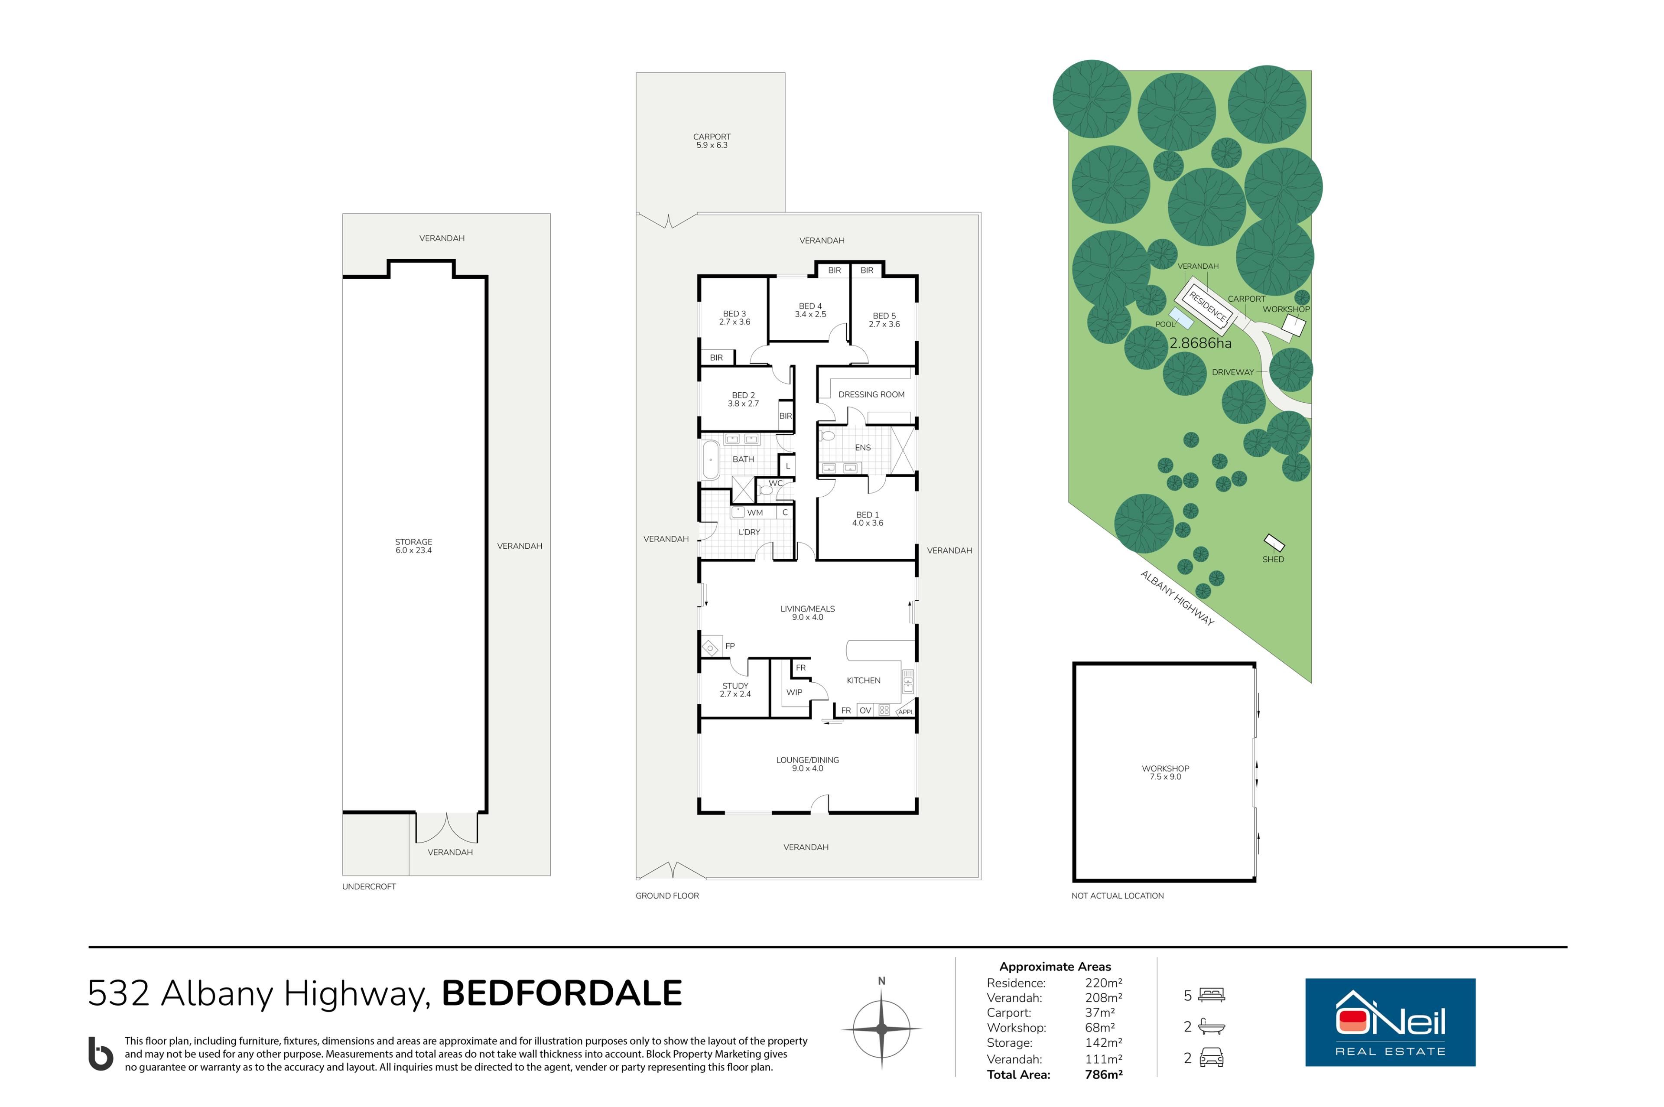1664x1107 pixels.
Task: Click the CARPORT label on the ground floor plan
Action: click(x=712, y=140)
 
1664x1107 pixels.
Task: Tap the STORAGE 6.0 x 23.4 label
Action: click(x=413, y=546)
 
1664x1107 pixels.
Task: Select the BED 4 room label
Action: click(x=810, y=310)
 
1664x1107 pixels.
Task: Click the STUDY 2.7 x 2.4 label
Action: click(x=735, y=690)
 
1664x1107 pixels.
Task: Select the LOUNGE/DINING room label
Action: click(x=807, y=764)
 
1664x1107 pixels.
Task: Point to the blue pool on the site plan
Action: click(x=1181, y=319)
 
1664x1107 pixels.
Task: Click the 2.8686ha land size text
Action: click(x=1200, y=343)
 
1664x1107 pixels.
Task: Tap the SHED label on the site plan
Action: click(x=1273, y=559)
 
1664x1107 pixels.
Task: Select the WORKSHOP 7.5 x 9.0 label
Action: click(x=1165, y=772)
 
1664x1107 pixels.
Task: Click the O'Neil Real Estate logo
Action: click(x=1390, y=1022)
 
